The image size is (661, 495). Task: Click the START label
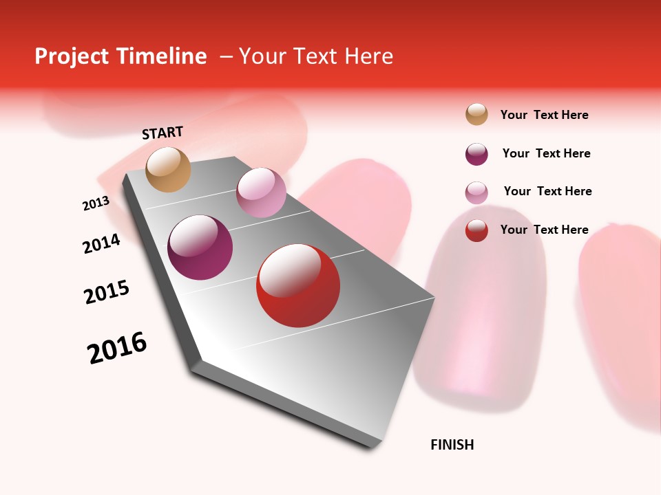click(162, 133)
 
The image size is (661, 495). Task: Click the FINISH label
click(452, 445)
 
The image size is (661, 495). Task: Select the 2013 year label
click(96, 203)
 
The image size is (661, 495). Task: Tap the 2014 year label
click(101, 243)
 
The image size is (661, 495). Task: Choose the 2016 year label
click(117, 348)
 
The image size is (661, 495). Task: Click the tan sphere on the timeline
click(169, 169)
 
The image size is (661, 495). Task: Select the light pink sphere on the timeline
click(261, 192)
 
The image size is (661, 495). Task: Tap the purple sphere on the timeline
click(200, 247)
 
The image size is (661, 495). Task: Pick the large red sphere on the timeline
click(298, 285)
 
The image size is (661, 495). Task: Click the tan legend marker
click(476, 114)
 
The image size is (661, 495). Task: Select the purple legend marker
click(476, 154)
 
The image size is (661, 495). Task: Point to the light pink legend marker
click(476, 192)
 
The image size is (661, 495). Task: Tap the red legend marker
click(476, 230)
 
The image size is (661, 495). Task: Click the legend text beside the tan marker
click(544, 115)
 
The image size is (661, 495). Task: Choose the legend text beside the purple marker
click(546, 153)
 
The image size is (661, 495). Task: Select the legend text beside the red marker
click(544, 230)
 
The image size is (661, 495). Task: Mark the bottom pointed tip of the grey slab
click(373, 448)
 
